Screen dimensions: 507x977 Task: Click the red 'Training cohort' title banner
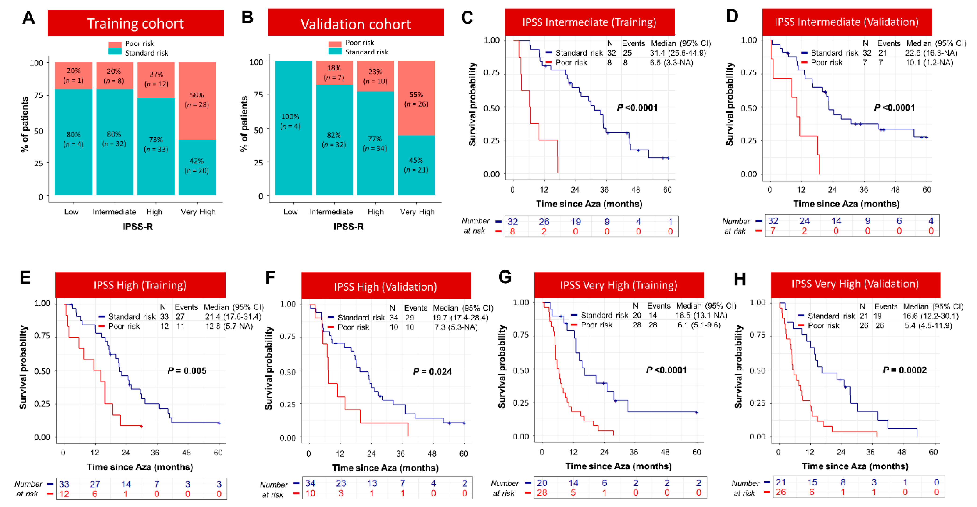pos(135,24)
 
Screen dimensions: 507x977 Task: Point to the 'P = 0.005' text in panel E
pos(187,371)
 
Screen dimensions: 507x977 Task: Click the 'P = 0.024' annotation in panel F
pos(432,371)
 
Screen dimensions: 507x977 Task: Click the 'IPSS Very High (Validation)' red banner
pos(855,284)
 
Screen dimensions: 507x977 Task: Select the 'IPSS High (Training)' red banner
pos(140,285)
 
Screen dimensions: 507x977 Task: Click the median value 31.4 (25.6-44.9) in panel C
pos(678,53)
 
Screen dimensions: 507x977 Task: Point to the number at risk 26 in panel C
pos(544,221)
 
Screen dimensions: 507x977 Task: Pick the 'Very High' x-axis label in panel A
pos(198,212)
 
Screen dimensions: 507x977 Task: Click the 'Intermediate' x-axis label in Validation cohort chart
pos(331,212)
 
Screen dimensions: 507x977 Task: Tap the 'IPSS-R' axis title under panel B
pos(348,227)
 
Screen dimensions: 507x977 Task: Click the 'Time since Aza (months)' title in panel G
pos(618,466)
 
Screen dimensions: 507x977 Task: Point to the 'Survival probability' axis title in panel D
pos(729,104)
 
